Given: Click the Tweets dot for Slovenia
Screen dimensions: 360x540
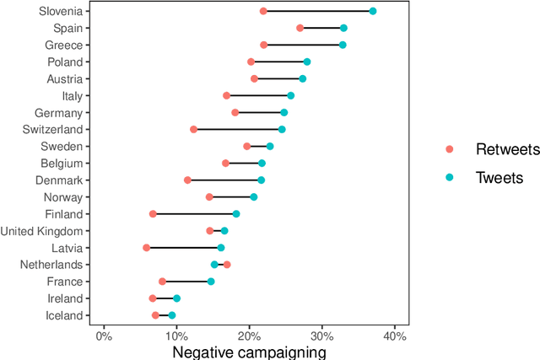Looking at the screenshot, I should coord(373,11).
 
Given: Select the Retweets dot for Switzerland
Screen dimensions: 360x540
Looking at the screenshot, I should coord(194,129).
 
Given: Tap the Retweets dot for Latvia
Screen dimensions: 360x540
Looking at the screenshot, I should coord(147,248).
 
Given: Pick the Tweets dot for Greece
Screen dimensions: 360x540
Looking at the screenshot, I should coord(343,45).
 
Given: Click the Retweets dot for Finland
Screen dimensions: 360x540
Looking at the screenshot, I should coord(153,214).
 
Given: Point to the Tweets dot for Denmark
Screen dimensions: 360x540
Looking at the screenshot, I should coord(261,180).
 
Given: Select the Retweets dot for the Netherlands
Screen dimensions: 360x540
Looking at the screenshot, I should coord(227,265).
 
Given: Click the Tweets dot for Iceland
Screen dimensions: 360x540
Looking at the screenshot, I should coord(172,315).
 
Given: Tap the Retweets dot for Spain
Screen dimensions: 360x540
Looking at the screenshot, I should coord(300,28).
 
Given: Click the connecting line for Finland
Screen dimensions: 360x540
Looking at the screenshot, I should coord(194,214).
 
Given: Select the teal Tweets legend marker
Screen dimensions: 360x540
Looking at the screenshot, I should coord(450,177).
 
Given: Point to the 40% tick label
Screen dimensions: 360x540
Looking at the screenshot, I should coord(395,336).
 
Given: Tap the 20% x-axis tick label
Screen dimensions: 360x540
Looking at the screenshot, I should coord(249,336).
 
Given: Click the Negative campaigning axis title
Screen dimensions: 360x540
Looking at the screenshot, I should coord(249,352).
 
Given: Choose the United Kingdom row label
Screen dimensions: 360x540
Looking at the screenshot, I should coord(42,231).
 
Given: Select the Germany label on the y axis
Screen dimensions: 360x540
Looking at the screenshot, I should coord(59,112).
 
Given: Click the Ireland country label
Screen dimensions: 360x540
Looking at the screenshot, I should coord(65,298).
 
